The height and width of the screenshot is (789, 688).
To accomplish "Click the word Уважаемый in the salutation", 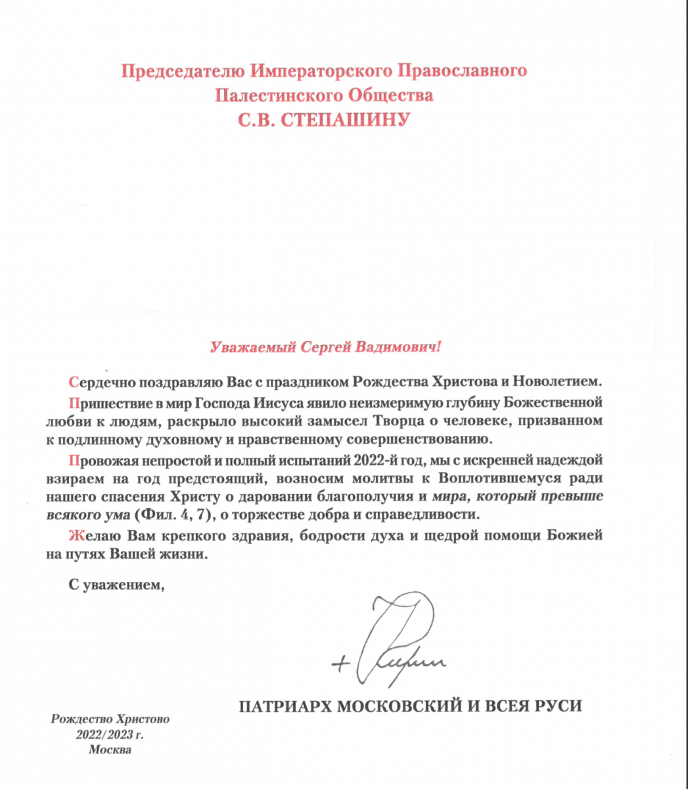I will (x=250, y=347).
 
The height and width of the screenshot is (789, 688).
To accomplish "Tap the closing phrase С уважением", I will (x=116, y=583).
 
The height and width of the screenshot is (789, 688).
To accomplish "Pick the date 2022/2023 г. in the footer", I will (x=110, y=734).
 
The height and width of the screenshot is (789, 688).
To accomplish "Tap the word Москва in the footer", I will (x=110, y=750).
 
